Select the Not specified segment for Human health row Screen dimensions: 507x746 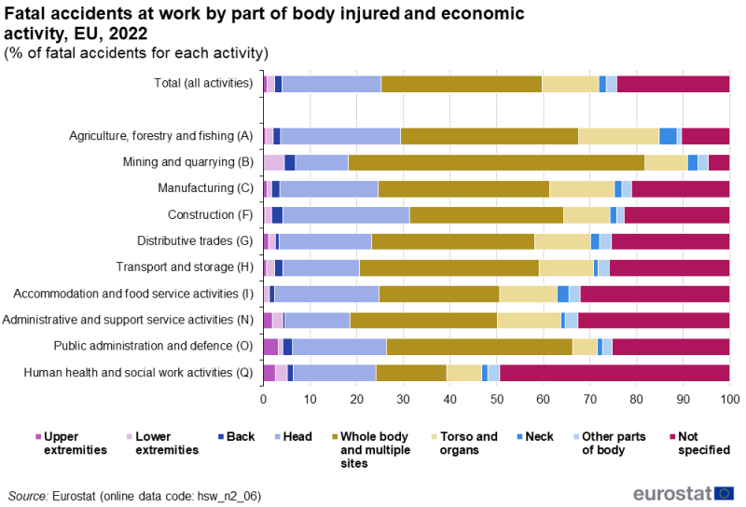(615, 373)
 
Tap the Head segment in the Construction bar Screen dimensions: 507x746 (346, 215)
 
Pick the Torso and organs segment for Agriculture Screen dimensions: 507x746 (618, 136)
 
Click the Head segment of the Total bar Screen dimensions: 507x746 (331, 84)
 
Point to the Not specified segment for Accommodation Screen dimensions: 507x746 (655, 295)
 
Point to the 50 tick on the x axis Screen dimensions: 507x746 (496, 398)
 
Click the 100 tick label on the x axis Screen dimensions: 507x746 (729, 398)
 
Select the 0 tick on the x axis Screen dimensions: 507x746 (263, 398)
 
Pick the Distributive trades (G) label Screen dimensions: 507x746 (191, 241)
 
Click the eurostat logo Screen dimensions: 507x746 (684, 492)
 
